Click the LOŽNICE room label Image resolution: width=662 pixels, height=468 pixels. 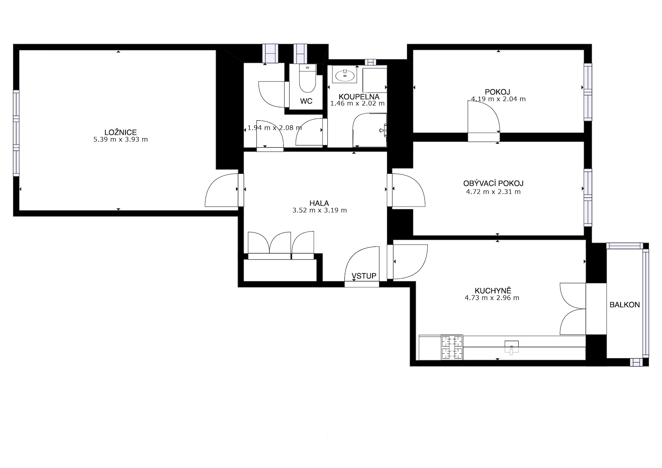click(x=120, y=133)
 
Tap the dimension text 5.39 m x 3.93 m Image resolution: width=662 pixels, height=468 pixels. click(x=120, y=139)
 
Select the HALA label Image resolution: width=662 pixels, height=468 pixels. click(x=319, y=203)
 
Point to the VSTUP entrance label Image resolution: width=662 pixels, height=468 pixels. click(x=364, y=276)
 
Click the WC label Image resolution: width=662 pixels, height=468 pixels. click(x=306, y=101)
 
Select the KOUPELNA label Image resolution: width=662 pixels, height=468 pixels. click(x=359, y=97)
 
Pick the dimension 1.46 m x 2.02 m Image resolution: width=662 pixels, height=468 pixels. click(x=357, y=103)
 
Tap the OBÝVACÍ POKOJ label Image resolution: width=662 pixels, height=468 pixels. click(x=493, y=184)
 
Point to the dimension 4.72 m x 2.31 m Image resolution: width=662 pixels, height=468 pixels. click(x=493, y=192)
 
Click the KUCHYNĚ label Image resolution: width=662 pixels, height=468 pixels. click(x=493, y=291)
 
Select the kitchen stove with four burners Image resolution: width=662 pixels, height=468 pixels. click(x=452, y=347)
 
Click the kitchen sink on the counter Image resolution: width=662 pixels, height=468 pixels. click(x=511, y=347)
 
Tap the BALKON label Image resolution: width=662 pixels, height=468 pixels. click(x=625, y=305)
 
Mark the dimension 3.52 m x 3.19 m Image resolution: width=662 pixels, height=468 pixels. click(x=319, y=210)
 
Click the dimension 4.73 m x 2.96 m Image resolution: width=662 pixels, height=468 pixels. click(x=492, y=298)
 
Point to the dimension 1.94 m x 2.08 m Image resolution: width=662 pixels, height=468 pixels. click(x=275, y=128)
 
